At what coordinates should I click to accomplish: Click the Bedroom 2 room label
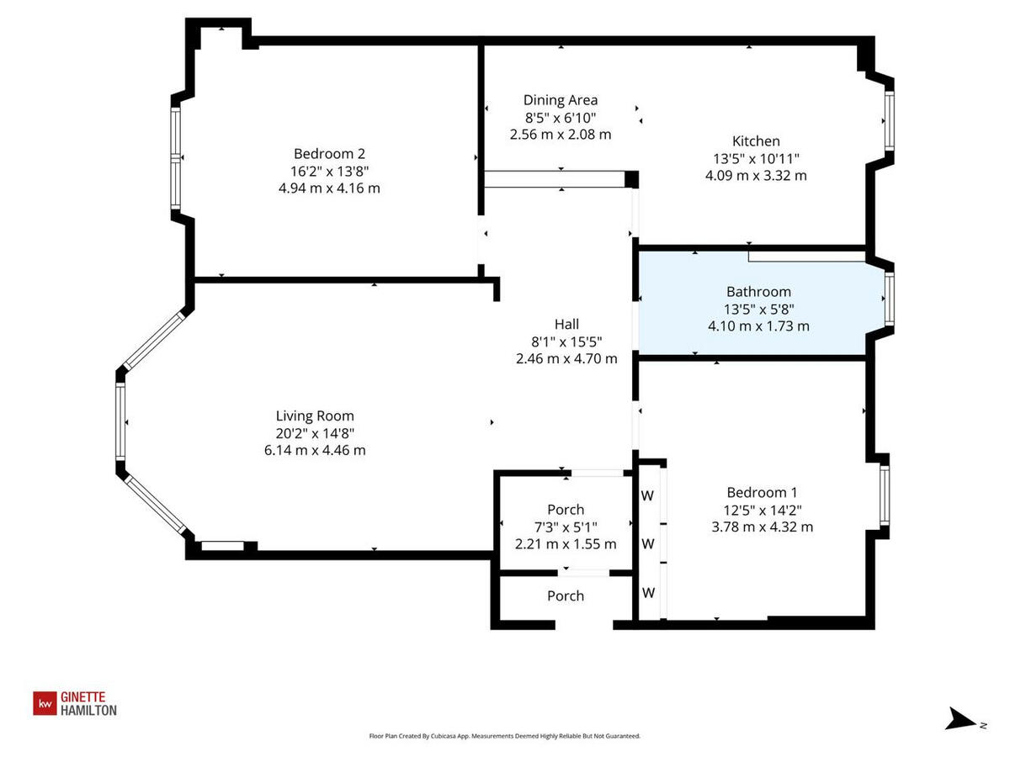coord(329,154)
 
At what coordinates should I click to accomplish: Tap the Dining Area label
coord(561,100)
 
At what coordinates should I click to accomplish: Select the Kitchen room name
coord(755,141)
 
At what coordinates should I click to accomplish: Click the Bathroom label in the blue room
coord(758,292)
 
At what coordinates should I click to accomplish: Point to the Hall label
coord(566,324)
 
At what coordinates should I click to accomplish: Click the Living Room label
coord(315,416)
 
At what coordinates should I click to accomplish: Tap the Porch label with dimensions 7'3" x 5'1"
coord(566,510)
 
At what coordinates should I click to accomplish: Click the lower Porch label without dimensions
coord(566,596)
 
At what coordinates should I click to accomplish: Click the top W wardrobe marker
coord(648,495)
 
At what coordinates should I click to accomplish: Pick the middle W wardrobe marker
coord(648,544)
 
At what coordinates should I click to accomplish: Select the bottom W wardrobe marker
coord(648,593)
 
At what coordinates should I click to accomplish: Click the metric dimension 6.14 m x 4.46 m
coord(315,450)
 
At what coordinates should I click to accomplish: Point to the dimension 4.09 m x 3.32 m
coord(755,176)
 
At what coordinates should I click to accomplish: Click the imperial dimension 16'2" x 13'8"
coord(329,171)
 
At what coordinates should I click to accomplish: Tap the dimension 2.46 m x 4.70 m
coord(566,358)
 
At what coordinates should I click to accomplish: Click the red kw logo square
coord(44,703)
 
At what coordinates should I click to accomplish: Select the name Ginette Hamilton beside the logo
coord(88,703)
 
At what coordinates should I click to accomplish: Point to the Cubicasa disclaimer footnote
coord(505,736)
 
